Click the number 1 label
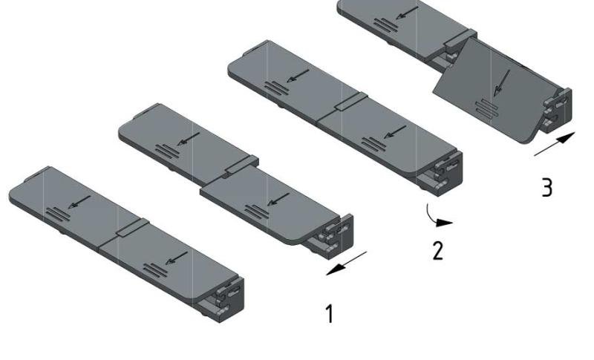[x=330, y=314]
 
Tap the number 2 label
[x=438, y=250]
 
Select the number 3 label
[x=547, y=187]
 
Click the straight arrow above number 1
[x=346, y=263]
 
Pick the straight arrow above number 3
[x=555, y=144]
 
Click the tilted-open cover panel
[x=492, y=91]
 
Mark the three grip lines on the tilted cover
[x=486, y=108]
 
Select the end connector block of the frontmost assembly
[x=230, y=300]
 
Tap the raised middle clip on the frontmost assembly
[x=133, y=228]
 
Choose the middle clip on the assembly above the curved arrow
[x=351, y=102]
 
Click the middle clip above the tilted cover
[x=460, y=39]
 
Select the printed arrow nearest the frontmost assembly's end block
[x=177, y=258]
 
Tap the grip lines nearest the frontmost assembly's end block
[x=155, y=270]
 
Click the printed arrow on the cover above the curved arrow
[x=395, y=132]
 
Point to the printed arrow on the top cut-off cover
[x=406, y=13]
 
